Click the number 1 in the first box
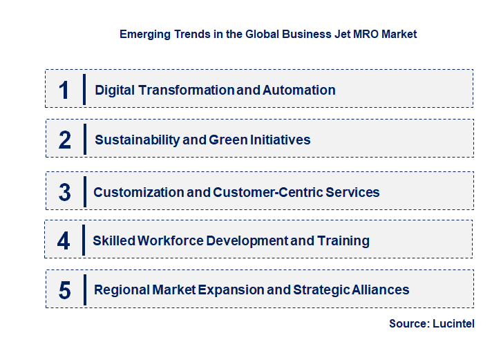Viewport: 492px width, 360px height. coord(64,90)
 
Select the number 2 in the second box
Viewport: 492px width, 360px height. coord(65,140)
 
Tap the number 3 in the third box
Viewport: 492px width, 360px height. coord(65,192)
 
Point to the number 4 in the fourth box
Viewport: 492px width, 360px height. coord(64,240)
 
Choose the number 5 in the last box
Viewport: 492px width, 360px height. coord(65,290)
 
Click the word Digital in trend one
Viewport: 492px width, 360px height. coord(116,90)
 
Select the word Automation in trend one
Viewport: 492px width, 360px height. coord(299,90)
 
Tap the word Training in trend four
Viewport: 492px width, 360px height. coord(343,240)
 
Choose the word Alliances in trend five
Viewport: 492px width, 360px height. coord(379,290)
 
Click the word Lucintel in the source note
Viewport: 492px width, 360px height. coord(454,323)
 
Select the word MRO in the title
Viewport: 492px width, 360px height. coord(359,33)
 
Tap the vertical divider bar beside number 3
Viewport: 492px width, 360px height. coord(84,191)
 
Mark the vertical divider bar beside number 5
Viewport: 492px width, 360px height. coord(84,290)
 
